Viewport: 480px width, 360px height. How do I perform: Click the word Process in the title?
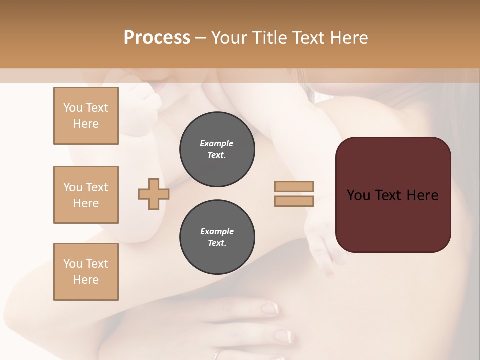point(157,38)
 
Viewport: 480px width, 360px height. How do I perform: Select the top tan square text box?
point(86,116)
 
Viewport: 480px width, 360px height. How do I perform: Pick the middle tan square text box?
point(86,195)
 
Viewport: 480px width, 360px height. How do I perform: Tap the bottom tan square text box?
point(86,272)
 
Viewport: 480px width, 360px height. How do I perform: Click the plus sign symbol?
point(154,194)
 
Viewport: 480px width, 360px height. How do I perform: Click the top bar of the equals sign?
point(294,186)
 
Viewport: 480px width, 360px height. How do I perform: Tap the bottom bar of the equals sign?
point(294,201)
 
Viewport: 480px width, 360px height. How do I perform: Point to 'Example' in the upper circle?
point(217,143)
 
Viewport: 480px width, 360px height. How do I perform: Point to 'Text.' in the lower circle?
point(217,243)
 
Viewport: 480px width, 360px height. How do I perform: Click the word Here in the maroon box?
point(422,195)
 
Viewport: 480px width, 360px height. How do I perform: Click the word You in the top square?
point(73,108)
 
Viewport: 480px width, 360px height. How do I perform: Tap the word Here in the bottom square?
point(86,280)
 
